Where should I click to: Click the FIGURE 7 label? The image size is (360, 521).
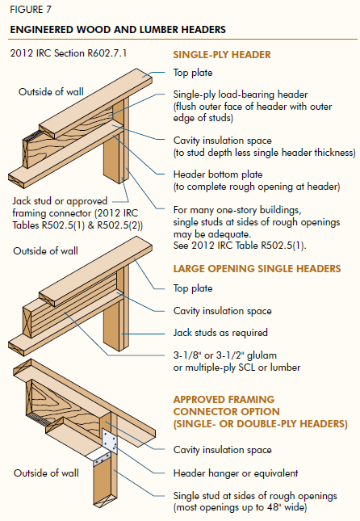[31, 10]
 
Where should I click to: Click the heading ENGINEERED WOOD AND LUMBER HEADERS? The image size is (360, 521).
[118, 30]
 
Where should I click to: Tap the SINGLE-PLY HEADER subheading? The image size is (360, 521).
[222, 54]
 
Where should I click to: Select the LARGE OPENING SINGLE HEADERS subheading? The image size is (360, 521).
[257, 268]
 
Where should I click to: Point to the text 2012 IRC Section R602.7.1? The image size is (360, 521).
[69, 53]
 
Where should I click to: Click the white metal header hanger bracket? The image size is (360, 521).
[107, 446]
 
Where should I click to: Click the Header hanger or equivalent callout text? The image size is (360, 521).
[236, 473]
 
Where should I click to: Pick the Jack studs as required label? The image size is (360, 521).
[220, 333]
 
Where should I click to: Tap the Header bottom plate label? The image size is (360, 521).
[218, 174]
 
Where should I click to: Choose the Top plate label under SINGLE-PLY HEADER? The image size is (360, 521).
[193, 73]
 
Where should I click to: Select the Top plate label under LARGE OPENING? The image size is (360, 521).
[193, 288]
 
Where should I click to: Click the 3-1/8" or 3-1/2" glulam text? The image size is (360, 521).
[225, 355]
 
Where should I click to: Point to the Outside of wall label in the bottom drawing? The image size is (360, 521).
[46, 473]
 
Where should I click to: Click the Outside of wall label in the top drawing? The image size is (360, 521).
[51, 92]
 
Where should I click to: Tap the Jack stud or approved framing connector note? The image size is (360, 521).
[77, 213]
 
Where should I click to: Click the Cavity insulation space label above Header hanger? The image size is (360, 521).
[222, 450]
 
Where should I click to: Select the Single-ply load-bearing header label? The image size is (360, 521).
[241, 95]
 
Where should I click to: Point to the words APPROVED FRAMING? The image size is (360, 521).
[224, 399]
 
